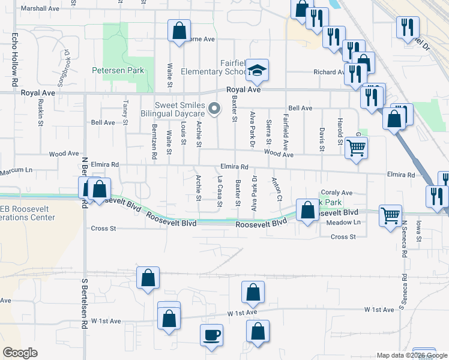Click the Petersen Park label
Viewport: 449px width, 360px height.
point(118,70)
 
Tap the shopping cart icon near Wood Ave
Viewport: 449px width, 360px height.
point(357,147)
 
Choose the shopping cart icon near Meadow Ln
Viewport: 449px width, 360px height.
point(391,214)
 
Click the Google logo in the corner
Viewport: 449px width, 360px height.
point(20,353)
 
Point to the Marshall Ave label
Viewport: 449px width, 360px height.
point(40,9)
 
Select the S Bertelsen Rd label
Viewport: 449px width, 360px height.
point(85,304)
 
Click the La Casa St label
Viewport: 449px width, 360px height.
point(220,191)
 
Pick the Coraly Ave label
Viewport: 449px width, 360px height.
point(337,193)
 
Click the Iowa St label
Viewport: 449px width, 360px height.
point(418,231)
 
